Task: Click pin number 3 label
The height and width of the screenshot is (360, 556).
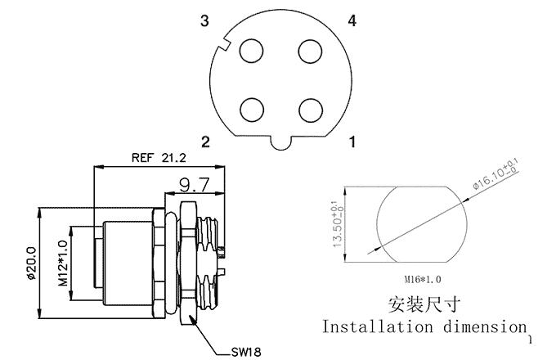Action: click(204, 21)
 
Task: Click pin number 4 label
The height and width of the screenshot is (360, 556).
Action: click(352, 21)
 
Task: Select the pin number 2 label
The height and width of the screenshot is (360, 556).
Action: click(206, 142)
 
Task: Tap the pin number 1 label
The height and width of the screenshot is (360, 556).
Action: click(352, 142)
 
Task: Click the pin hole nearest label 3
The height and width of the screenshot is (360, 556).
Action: click(251, 52)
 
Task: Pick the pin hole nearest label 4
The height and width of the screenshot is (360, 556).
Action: click(310, 52)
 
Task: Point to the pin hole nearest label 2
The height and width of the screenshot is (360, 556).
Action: click(251, 110)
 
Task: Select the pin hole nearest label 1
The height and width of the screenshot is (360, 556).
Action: click(310, 110)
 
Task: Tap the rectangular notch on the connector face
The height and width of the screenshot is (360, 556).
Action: click(225, 44)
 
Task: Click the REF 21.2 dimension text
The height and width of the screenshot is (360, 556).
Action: click(159, 157)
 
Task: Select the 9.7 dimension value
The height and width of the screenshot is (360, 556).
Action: click(195, 184)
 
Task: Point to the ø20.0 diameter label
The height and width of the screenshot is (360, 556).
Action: click(32, 263)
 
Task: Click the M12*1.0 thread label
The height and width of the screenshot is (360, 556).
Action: click(63, 263)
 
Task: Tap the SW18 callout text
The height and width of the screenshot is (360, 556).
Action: click(246, 352)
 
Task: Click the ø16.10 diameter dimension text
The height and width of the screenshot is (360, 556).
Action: click(495, 175)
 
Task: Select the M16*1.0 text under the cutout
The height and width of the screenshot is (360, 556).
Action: click(423, 280)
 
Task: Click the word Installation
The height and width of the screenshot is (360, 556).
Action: click(377, 326)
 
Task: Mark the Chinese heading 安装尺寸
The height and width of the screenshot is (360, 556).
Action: click(424, 304)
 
